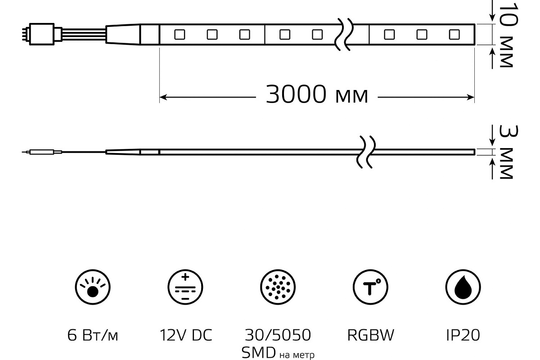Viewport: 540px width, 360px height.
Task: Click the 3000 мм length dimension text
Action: tap(317, 95)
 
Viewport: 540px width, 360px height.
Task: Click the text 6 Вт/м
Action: tap(92, 335)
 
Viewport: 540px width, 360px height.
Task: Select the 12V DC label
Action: tap(185, 335)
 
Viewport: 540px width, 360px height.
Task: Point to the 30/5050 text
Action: tap(278, 335)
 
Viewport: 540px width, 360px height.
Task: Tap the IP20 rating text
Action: tap(463, 335)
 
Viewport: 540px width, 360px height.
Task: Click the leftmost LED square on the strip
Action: tap(180, 34)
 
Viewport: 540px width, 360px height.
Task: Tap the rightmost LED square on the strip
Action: tap(454, 34)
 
